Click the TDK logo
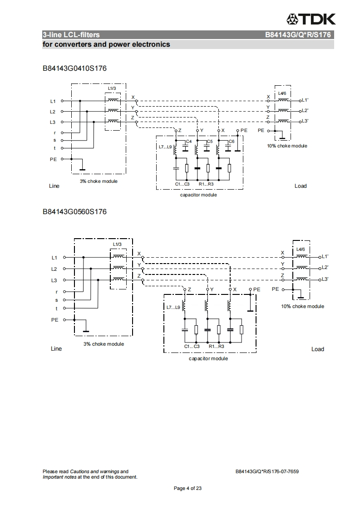311,19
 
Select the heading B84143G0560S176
74,211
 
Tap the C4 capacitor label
189,142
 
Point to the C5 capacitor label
210,142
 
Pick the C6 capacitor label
231,142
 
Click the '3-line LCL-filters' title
71,34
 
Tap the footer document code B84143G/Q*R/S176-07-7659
267,471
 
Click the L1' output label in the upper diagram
305,100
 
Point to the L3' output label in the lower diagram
325,279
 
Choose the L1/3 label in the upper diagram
112,88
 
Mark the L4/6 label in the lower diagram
301,249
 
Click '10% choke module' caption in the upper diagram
287,146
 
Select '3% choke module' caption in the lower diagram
104,344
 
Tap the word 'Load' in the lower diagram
318,349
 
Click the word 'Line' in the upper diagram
54,186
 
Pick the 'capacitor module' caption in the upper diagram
198,195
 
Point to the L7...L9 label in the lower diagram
173,308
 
